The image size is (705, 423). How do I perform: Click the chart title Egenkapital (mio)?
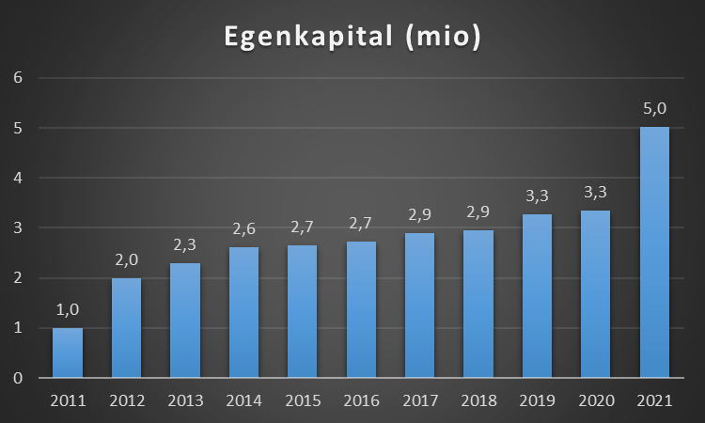pyautogui.click(x=352, y=37)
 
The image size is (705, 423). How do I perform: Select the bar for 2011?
pyautogui.click(x=68, y=353)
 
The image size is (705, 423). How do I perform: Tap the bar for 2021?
pyautogui.click(x=654, y=254)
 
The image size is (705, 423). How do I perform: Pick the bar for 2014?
pyautogui.click(x=243, y=313)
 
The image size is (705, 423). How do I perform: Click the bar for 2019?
pyautogui.click(x=537, y=297)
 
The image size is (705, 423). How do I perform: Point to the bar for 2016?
pyautogui.click(x=361, y=310)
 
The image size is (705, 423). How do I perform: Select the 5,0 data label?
pyautogui.click(x=654, y=109)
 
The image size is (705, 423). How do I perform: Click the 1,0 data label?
pyautogui.click(x=68, y=310)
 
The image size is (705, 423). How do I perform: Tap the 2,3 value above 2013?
pyautogui.click(x=185, y=245)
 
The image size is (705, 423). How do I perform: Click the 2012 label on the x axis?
pyautogui.click(x=126, y=400)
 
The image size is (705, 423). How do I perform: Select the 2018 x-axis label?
pyautogui.click(x=478, y=400)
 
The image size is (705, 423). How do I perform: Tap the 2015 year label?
pyautogui.click(x=303, y=400)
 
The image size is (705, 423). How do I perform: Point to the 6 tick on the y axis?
pyautogui.click(x=17, y=77)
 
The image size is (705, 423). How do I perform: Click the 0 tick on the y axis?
pyautogui.click(x=17, y=378)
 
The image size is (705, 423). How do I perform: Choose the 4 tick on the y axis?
pyautogui.click(x=17, y=178)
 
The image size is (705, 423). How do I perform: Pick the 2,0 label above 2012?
pyautogui.click(x=126, y=260)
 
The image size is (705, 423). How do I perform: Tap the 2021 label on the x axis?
pyautogui.click(x=654, y=400)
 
